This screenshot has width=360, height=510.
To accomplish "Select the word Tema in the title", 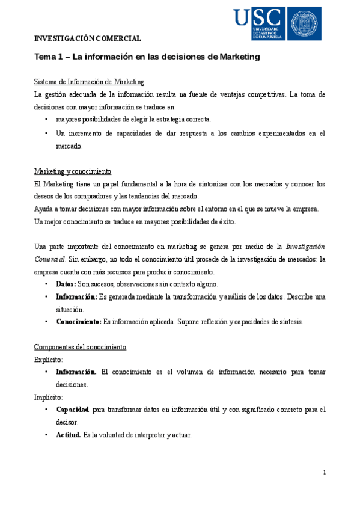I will coord(46,57).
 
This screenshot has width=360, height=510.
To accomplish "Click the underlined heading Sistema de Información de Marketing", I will coord(89,81).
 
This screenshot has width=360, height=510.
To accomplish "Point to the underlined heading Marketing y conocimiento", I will coord(73,171).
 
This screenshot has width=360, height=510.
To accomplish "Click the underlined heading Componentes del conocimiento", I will coord(80,347).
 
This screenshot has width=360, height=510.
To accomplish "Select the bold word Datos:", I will coord(66,284).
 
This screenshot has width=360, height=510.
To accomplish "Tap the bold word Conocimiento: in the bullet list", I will coord(78,321).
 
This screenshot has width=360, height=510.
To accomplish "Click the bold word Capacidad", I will coord(73,410).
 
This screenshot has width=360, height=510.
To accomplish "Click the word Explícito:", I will coord(49,360).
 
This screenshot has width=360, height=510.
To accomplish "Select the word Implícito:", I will coord(49,397).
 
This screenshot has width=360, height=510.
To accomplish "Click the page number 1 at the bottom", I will coord(324,473).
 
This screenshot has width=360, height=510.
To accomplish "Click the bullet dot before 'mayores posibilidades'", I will coord(46,120).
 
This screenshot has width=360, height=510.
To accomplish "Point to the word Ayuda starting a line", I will coord(44,209).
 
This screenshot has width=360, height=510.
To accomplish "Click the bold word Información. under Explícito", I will coord(76,372).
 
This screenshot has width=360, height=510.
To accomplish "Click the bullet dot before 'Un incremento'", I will coord(46,133).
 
